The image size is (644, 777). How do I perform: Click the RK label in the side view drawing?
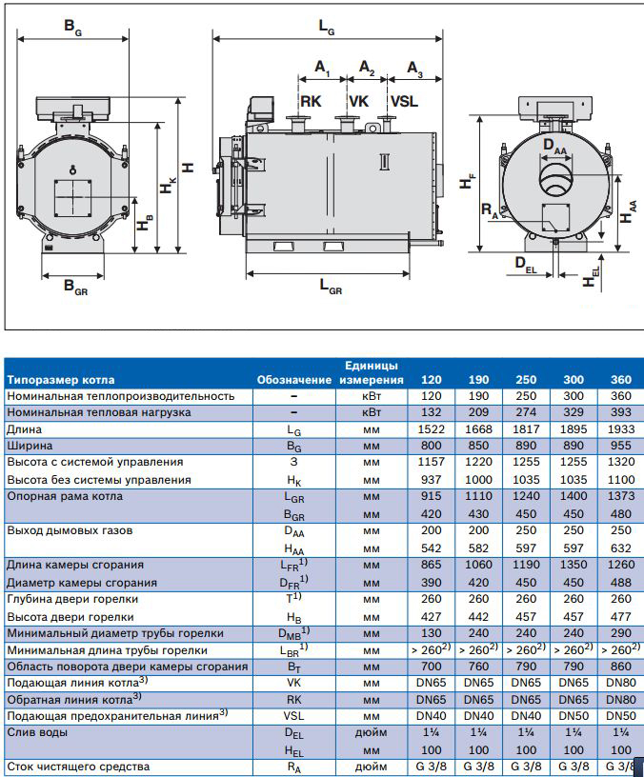coord(312,102)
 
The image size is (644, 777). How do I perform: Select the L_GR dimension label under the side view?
coord(330,287)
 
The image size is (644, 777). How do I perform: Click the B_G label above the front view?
coord(73,28)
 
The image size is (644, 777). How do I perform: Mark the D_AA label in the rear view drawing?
coord(553,145)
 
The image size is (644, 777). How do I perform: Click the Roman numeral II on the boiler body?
coord(385,163)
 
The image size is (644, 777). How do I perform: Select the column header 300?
coord(574,380)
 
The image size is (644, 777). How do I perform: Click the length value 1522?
coord(431,429)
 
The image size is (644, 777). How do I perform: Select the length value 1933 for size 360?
coord(620,429)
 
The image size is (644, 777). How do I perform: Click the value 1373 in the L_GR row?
coord(620,496)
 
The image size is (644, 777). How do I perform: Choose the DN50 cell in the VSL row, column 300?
coord(574,715)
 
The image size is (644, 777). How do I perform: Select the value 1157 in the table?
coord(431,462)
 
